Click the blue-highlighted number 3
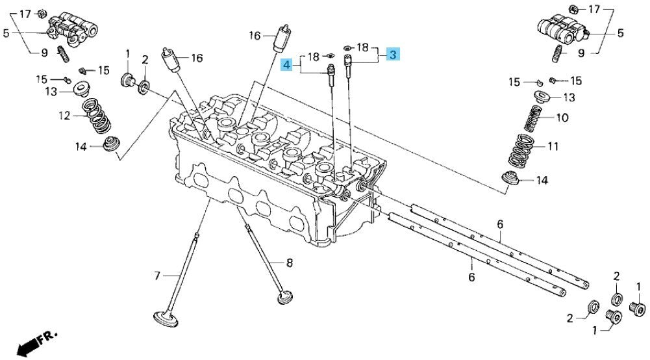point(393,55)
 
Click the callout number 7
point(157,276)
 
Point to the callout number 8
point(290,263)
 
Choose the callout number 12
point(64,115)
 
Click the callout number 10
point(562,118)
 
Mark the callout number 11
point(553,146)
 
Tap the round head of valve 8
point(284,297)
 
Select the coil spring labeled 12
point(97,116)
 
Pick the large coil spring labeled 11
point(523,151)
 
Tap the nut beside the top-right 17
point(575,8)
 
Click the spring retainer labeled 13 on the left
point(81,89)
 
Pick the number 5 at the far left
point(5,32)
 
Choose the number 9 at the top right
point(581,53)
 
